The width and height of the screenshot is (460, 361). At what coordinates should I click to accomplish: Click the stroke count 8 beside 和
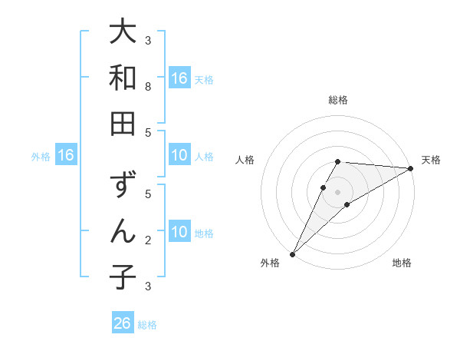click(x=148, y=87)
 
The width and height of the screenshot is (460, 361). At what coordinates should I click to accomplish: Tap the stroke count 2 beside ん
click(x=148, y=240)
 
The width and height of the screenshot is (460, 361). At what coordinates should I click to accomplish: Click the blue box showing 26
click(x=123, y=323)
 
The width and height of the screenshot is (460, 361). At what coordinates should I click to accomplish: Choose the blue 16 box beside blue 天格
click(x=179, y=78)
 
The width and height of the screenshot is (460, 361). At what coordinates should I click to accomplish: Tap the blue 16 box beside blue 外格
click(x=66, y=156)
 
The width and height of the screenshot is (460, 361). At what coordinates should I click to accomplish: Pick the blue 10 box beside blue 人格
click(x=179, y=156)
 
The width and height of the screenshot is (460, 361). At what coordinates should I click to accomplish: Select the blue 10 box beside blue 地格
click(x=179, y=232)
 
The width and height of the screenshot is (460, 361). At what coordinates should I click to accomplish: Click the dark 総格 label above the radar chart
click(x=337, y=100)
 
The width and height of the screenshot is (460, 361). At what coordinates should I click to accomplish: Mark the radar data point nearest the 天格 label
click(x=411, y=169)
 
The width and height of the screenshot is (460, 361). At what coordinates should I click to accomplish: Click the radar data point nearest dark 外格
click(x=292, y=253)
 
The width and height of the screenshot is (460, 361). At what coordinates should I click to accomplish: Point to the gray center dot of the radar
click(x=337, y=191)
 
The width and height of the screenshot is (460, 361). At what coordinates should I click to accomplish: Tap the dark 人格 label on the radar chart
click(x=245, y=160)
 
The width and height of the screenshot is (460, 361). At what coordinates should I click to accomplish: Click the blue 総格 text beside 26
click(x=148, y=324)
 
